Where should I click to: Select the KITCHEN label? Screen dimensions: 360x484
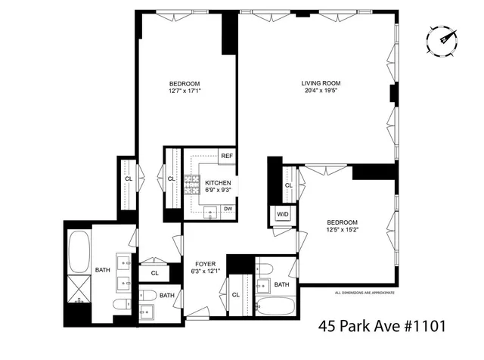pos(217,183)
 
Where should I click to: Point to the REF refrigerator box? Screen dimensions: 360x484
pos(226,156)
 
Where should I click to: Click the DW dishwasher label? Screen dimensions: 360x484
pos(227,209)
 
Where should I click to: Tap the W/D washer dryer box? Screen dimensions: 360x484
pos(283,215)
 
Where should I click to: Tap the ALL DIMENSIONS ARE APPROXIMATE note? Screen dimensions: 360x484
pos(365,292)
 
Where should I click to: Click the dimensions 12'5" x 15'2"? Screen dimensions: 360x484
pos(342,230)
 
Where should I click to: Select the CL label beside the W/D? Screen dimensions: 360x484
pos(289,185)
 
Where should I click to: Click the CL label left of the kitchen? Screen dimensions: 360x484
pos(172,178)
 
